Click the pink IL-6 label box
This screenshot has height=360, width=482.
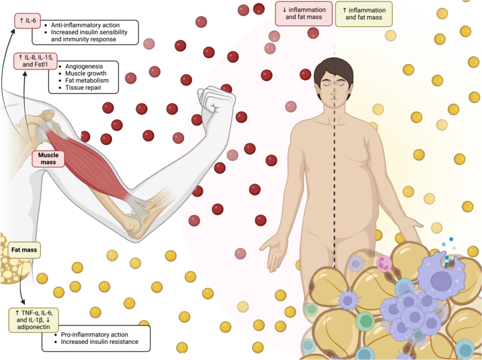[27, 21]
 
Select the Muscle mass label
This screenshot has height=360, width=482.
[48, 159]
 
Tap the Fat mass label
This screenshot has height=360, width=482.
[24, 250]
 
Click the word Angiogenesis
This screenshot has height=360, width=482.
[84, 66]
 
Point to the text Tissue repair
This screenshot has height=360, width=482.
[83, 88]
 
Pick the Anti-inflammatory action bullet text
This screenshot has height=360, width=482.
[85, 25]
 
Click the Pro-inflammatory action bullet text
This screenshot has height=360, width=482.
[94, 335]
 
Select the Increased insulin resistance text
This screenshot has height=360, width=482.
[100, 342]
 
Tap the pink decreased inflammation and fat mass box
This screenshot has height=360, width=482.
[304, 14]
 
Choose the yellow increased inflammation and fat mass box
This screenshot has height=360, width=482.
[364, 14]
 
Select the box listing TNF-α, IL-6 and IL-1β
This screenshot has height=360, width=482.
[33, 320]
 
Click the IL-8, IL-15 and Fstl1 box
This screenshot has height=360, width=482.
[35, 61]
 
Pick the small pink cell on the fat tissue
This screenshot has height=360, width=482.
[384, 264]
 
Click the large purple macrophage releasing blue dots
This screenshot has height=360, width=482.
[440, 275]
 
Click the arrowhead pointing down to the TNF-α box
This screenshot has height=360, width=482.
[23, 302]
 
